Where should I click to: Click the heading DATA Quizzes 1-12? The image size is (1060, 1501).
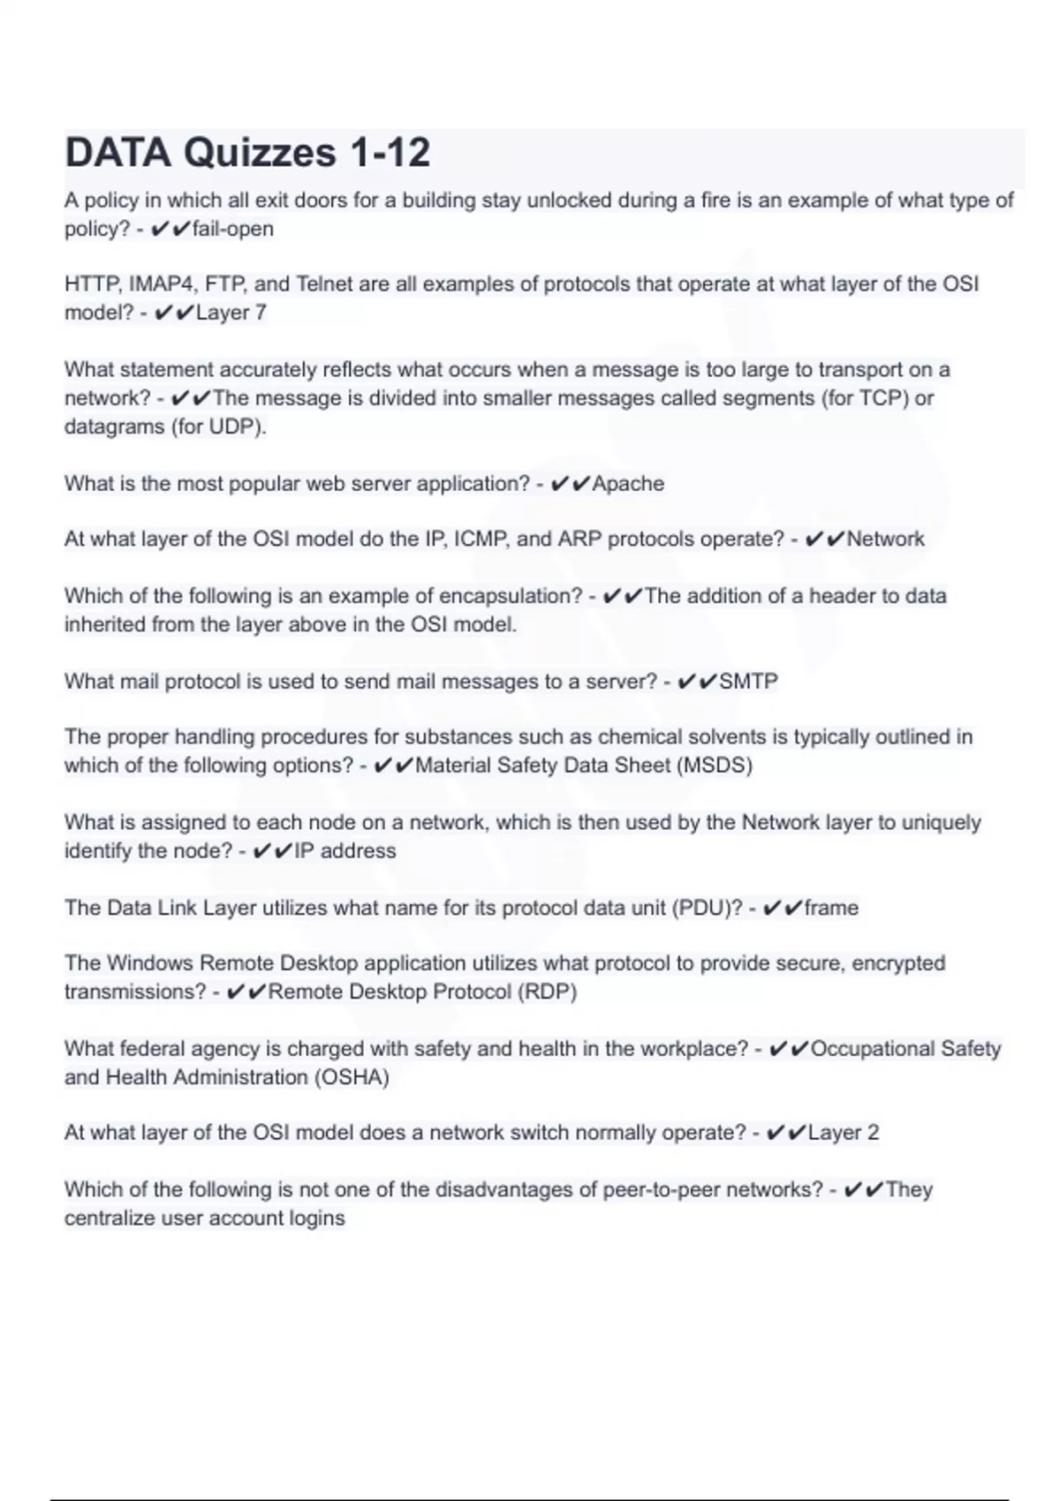247,153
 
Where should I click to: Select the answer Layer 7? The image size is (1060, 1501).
231,313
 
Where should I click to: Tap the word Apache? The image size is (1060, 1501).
628,484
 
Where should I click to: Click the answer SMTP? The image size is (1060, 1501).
748,682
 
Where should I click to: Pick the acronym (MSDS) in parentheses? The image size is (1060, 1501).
714,765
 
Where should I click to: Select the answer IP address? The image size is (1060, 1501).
344,851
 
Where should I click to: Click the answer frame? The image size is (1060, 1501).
831,908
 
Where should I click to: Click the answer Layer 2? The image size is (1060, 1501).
844,1133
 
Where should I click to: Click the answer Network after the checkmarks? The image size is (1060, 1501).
885,539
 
